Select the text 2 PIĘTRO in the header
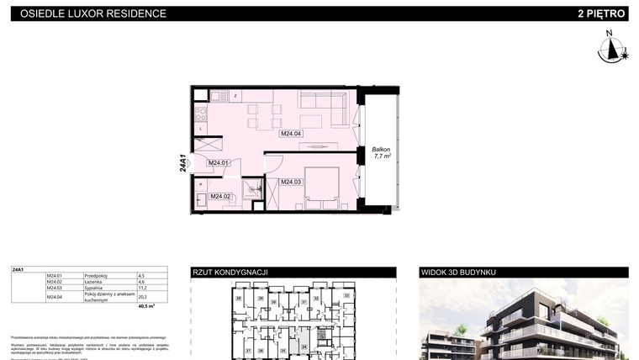[601, 13]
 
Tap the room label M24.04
[291, 133]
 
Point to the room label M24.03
[291, 182]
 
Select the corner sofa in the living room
[328, 104]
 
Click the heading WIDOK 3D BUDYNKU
[458, 273]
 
